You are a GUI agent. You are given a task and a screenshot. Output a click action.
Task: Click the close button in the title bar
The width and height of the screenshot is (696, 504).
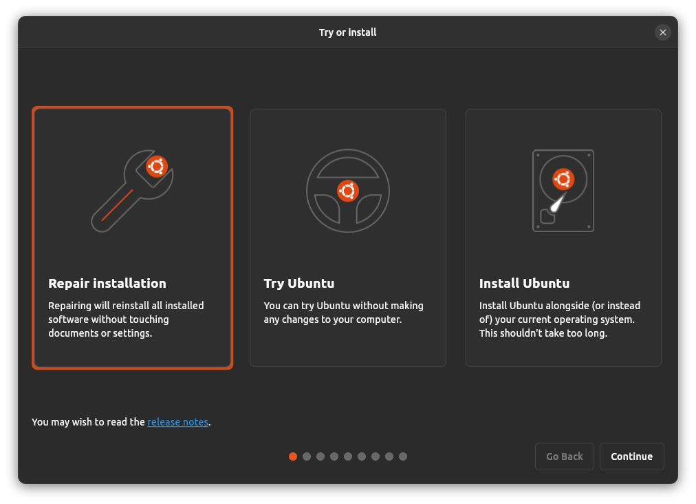(662, 32)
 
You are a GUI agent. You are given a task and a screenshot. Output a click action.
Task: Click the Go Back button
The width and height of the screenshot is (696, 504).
(564, 456)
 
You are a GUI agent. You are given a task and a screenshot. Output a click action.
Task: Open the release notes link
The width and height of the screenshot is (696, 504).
(177, 422)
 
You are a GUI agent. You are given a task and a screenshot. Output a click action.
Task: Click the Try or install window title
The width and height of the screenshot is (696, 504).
(347, 32)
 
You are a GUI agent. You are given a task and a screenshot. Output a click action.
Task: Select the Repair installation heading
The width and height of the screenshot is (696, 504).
(107, 283)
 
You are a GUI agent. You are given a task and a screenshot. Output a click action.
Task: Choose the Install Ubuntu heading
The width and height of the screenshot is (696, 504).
(524, 283)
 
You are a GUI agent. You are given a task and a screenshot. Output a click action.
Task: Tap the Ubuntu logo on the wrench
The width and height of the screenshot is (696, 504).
(157, 166)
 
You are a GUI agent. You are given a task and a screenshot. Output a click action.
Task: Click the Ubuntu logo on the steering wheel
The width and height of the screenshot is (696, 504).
(348, 191)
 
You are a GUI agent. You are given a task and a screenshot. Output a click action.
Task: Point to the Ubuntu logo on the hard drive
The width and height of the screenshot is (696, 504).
(563, 180)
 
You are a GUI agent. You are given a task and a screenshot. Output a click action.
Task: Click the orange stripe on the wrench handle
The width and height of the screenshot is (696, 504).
(117, 205)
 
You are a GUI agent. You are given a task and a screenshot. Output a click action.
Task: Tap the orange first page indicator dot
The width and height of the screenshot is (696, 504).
(293, 456)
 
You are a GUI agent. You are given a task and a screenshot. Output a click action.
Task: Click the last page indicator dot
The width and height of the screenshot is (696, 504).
(403, 456)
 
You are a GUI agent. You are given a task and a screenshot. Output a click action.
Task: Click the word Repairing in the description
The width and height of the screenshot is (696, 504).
(71, 305)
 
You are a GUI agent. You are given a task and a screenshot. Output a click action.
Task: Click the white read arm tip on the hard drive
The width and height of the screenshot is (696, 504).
(554, 205)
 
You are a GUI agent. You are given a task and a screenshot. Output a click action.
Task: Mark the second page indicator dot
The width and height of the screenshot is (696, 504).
(307, 456)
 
